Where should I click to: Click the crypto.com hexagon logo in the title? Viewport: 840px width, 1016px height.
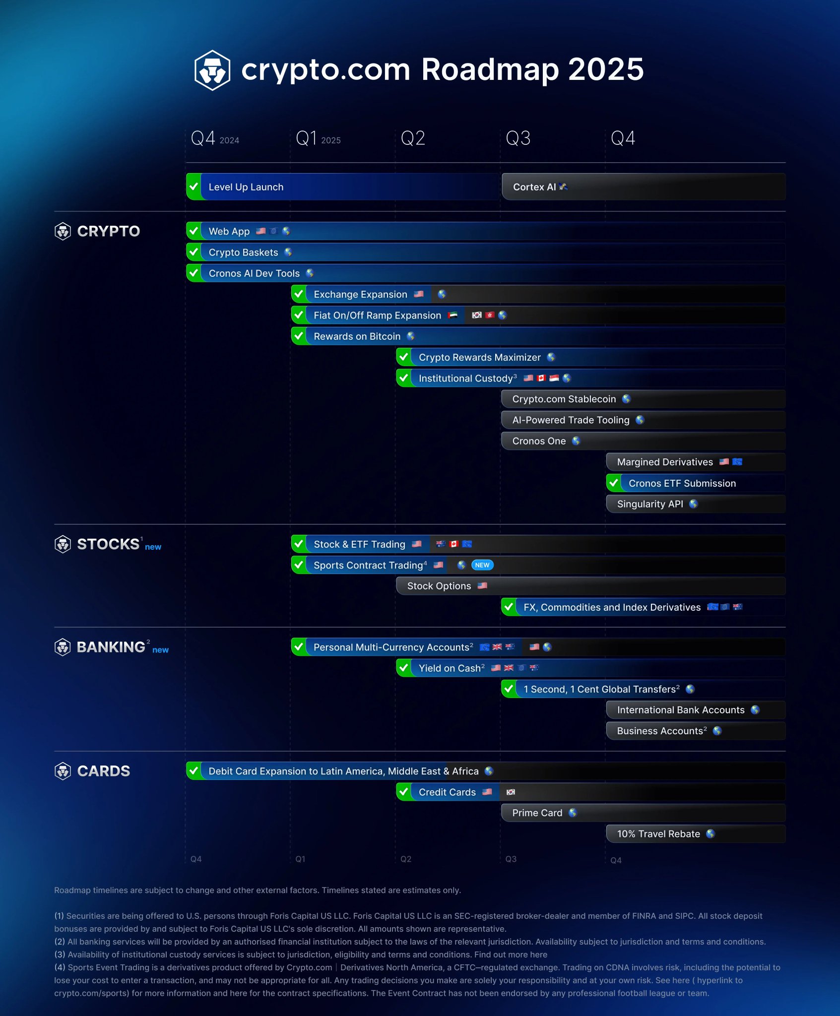point(212,70)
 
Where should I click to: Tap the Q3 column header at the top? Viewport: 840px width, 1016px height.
point(517,138)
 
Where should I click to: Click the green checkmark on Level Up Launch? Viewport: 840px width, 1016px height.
point(194,187)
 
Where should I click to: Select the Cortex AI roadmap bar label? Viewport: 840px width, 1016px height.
point(534,187)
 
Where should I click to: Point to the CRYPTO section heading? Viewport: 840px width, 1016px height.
point(108,231)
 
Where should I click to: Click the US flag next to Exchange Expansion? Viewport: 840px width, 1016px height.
point(419,294)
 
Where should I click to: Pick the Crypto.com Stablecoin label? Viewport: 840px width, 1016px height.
point(564,399)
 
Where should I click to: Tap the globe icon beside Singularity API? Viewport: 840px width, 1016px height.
point(693,504)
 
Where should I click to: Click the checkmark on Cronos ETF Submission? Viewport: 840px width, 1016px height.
point(614,483)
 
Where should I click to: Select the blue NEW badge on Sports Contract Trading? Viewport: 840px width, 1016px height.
point(482,565)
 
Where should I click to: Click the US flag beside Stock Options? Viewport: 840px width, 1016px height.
point(482,586)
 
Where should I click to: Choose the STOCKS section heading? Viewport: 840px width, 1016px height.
point(108,544)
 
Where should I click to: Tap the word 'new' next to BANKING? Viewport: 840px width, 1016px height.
point(160,650)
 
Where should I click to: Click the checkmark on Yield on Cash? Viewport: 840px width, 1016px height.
point(404,668)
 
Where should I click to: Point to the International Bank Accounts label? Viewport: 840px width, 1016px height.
point(680,710)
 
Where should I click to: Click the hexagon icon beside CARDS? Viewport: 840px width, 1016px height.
point(63,771)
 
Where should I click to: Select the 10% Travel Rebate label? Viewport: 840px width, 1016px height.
point(658,834)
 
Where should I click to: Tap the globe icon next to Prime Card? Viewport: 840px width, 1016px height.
point(573,813)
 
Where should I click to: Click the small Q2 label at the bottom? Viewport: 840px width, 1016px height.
point(405,859)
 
